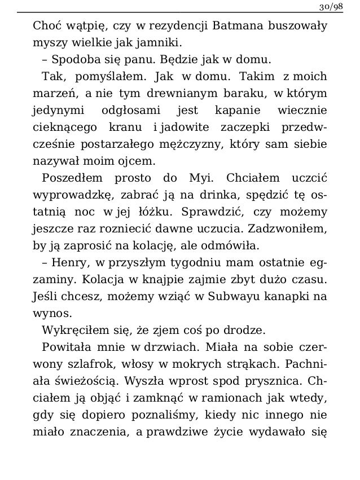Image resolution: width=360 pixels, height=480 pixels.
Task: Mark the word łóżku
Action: (x=151, y=213)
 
